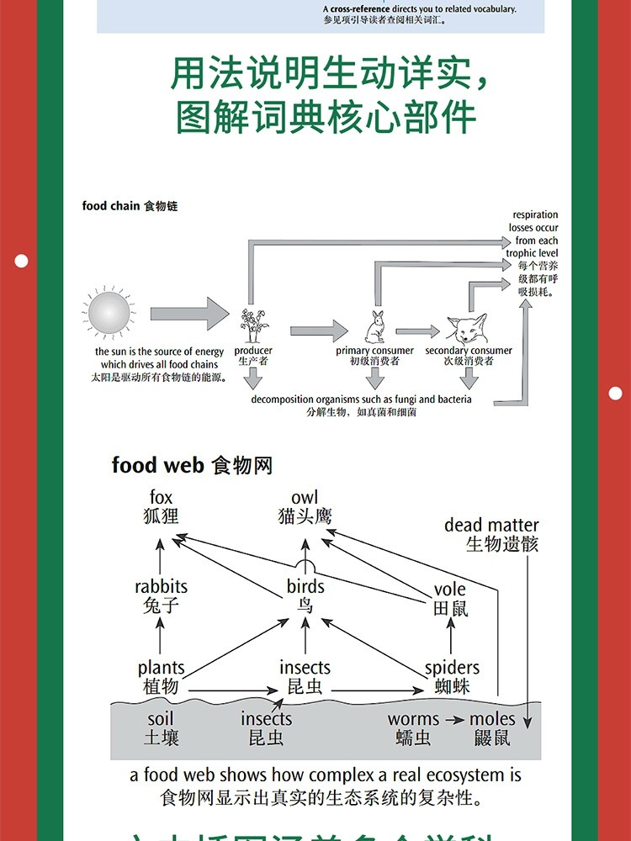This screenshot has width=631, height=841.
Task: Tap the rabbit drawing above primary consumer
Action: (x=374, y=326)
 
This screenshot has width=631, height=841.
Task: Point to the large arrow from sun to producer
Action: (x=188, y=314)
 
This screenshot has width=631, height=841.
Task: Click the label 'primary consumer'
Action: (x=374, y=351)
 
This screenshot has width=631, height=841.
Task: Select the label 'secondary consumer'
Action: (x=469, y=351)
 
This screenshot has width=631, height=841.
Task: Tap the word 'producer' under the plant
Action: (x=252, y=351)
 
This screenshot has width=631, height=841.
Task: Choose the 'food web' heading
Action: (x=160, y=465)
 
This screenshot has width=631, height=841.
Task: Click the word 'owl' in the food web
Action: (x=305, y=498)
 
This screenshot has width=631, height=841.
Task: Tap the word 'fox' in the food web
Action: (x=161, y=498)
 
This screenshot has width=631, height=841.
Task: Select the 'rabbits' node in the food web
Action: (x=161, y=586)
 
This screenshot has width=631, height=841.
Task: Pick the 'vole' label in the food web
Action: (x=450, y=590)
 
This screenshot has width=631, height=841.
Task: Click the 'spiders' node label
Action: (x=452, y=668)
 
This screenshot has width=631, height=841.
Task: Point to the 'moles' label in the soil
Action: (x=491, y=719)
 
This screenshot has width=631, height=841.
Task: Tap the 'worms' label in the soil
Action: (x=413, y=719)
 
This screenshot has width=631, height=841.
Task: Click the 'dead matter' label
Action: (x=491, y=525)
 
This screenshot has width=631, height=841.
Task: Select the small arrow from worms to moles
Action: (x=453, y=720)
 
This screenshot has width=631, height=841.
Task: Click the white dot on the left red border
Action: (x=21, y=261)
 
